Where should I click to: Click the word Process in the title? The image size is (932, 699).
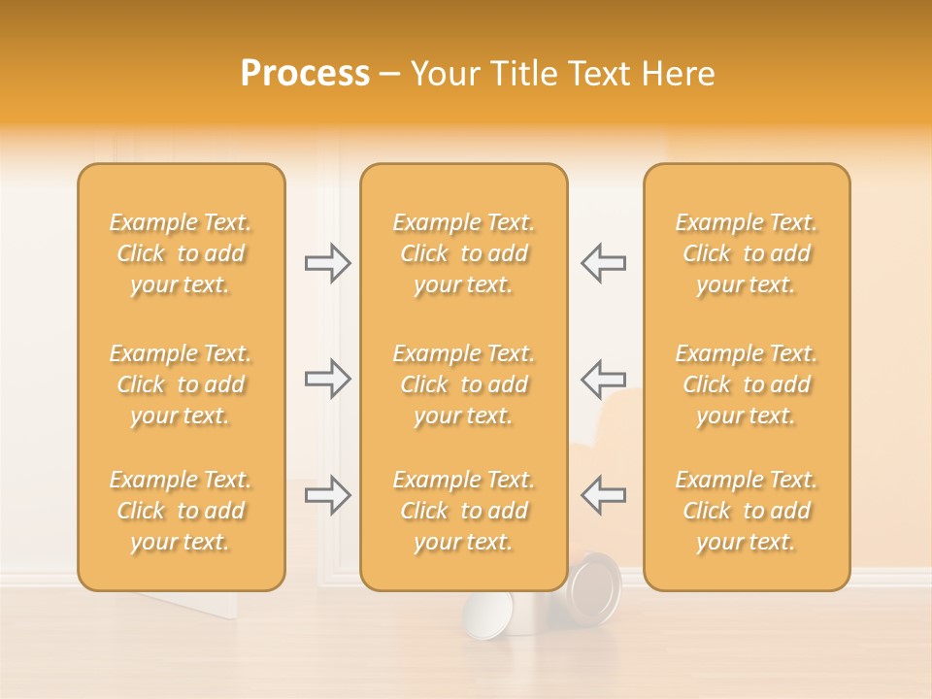point(305,74)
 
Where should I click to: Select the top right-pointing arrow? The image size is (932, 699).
point(328,263)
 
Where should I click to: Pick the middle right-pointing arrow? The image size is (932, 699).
point(328,379)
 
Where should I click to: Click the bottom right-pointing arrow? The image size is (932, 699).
point(328,495)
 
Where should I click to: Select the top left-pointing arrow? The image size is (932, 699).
point(603,263)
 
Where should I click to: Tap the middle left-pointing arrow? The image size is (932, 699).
point(603,379)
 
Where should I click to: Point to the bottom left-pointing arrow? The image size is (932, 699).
point(603,495)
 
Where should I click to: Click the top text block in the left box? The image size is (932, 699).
point(181,253)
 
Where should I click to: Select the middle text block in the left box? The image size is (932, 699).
point(181,384)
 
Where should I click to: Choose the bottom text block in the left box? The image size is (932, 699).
point(181,511)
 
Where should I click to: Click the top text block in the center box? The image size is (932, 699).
point(463,253)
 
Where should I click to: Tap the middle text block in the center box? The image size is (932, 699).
point(463,384)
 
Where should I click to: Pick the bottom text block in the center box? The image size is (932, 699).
point(463,511)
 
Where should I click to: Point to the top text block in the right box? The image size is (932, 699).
point(746,253)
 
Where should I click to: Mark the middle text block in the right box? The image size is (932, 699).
point(746,384)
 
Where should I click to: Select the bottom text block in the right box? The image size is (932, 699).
point(746,511)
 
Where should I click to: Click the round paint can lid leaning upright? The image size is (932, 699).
point(594,590)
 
